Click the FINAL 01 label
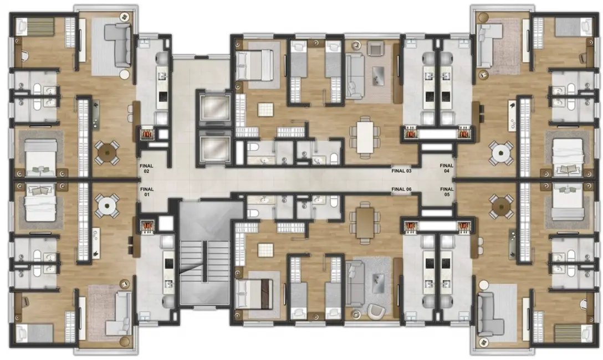(147, 192)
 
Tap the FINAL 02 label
(147, 168)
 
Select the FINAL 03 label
(401, 171)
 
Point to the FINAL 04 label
(447, 168)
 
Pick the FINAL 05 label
(447, 192)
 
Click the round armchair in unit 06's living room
(374, 312)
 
